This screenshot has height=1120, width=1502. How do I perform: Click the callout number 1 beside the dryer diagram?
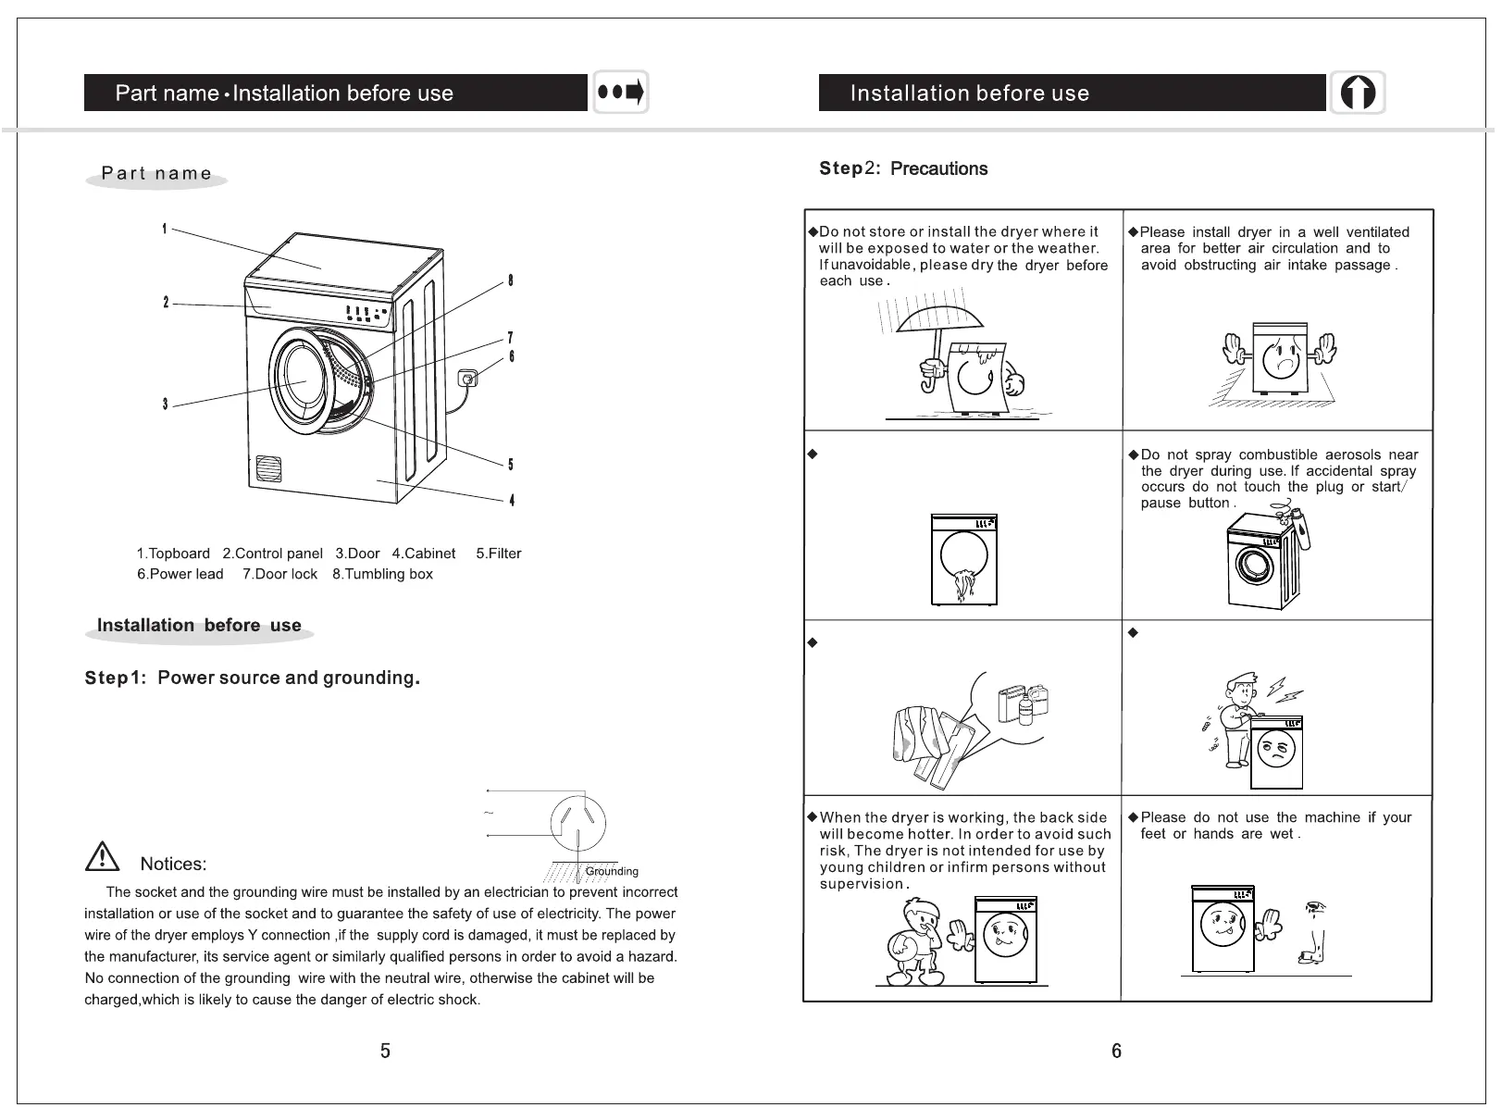164,229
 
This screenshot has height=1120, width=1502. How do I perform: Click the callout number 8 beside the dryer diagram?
510,281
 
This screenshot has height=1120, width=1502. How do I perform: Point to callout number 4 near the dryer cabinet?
512,501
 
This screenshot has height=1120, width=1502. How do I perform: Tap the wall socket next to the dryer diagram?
468,378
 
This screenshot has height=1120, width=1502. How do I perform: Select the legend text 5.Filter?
498,554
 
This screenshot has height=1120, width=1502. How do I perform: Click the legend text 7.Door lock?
279,574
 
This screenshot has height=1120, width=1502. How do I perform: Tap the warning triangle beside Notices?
102,857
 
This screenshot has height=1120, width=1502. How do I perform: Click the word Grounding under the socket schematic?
612,871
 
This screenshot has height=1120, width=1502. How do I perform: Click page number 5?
385,1051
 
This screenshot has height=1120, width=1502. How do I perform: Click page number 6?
1116,1051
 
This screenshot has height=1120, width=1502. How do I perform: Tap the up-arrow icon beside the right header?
1358,93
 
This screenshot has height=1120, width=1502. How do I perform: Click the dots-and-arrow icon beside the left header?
620,93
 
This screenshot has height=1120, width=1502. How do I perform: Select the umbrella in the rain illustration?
939,319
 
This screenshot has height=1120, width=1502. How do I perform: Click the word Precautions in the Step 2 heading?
938,168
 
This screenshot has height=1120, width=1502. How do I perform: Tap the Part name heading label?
156,173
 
